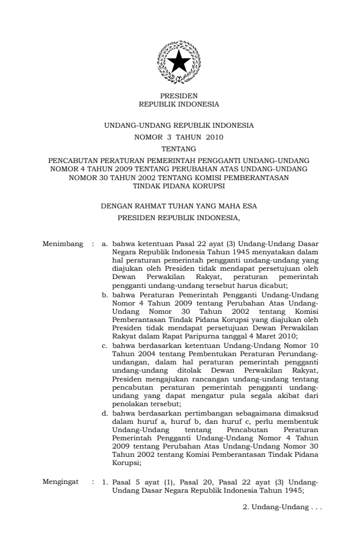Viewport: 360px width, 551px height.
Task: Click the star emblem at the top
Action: tap(179, 61)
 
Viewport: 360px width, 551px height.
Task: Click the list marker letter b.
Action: tap(105, 293)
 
